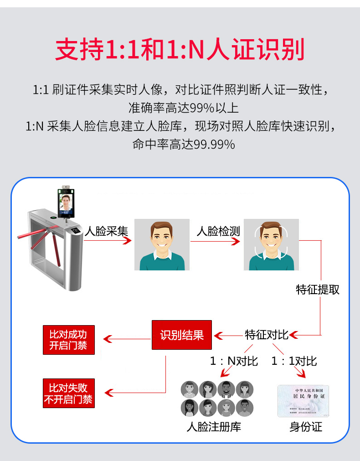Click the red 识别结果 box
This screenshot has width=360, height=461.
181,335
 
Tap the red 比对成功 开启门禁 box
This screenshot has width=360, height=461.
68,340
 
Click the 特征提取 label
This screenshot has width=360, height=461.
318,290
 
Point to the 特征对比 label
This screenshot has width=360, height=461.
267,335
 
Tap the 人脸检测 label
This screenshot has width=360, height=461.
218,231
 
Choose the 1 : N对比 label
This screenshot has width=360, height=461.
234,361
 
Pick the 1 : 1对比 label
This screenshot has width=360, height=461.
294,361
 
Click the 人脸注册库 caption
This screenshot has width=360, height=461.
214,427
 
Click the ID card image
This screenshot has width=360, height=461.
303,401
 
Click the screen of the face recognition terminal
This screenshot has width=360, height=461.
67,203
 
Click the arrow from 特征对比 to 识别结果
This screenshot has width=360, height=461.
228,336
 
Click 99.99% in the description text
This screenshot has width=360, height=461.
214,145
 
